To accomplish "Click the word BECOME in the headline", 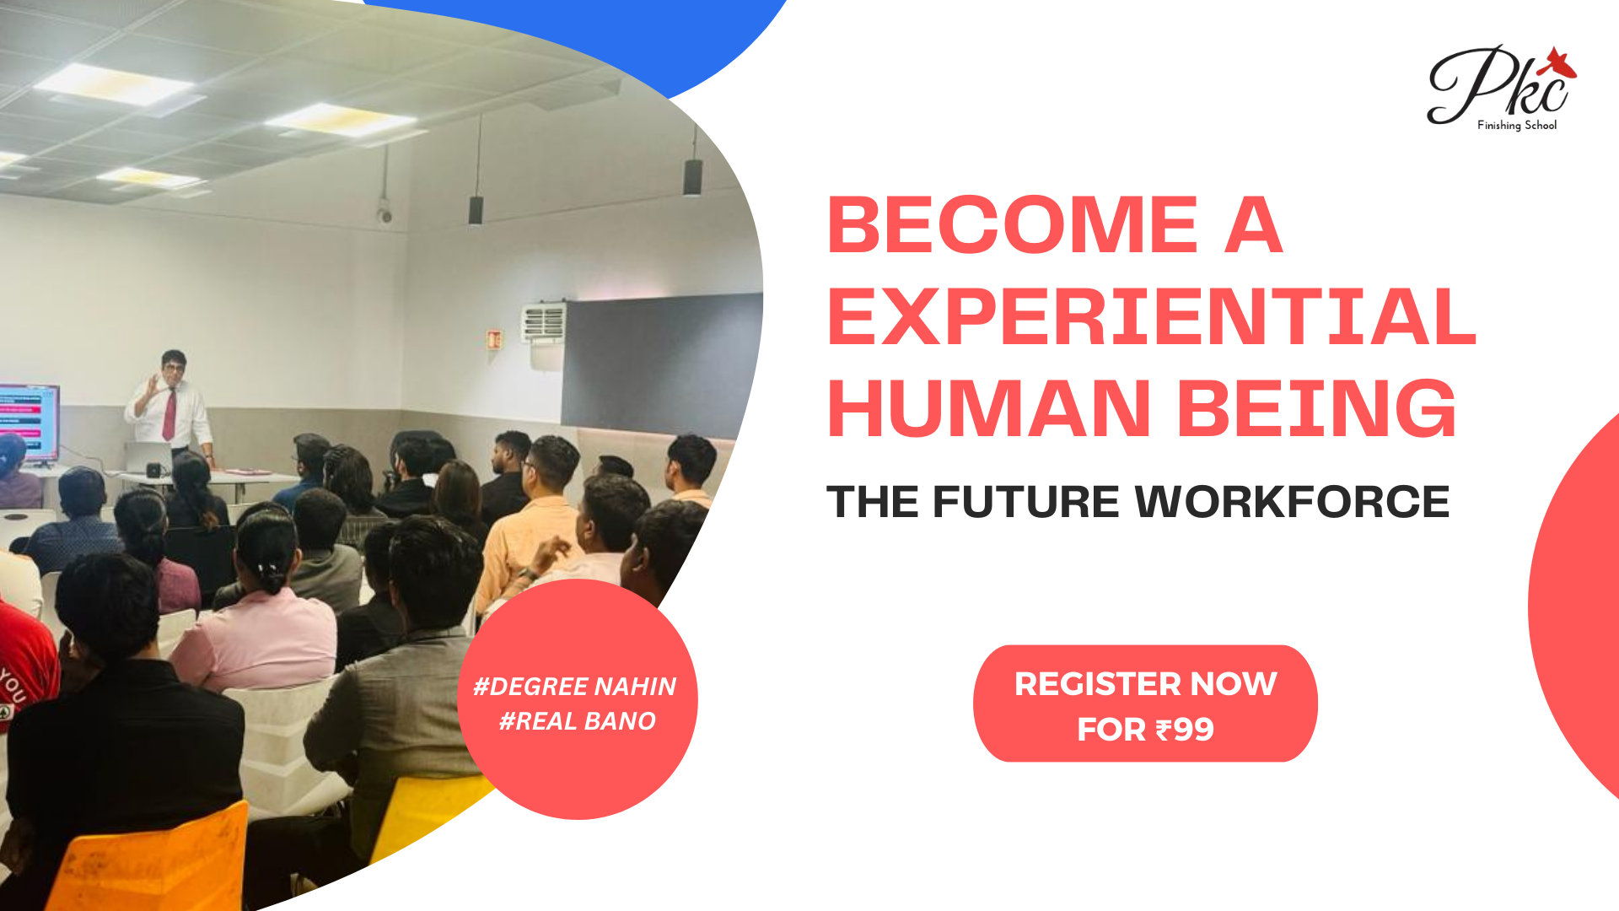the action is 1013,224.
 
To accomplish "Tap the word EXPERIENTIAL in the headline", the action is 1152,316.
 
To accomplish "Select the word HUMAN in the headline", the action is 989,408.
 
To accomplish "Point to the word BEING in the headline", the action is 1317,408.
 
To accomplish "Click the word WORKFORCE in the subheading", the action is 1292,502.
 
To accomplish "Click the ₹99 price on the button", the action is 1185,730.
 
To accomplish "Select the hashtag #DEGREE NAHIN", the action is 574,687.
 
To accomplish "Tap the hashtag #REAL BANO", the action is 578,721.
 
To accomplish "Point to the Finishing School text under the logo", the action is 1517,125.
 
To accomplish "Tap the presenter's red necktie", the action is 169,414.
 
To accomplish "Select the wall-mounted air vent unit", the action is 543,321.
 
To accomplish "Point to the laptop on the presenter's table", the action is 148,458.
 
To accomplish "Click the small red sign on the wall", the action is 494,339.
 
